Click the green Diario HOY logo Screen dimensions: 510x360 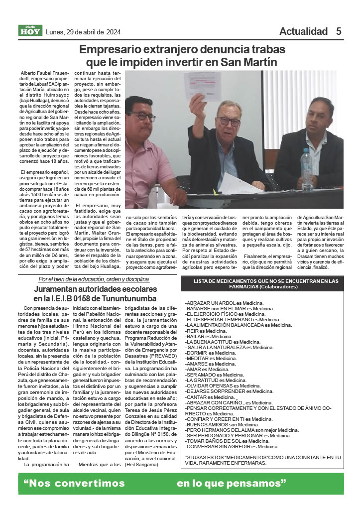click(x=31, y=30)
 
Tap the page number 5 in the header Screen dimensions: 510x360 click(x=339, y=31)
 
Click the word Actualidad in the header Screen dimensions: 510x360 click(x=303, y=31)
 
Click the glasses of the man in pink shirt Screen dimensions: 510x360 click(x=142, y=117)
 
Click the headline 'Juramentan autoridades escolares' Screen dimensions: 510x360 click(x=96, y=289)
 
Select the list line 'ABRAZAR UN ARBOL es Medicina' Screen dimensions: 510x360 click(x=224, y=303)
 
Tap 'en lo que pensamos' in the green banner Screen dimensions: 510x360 click(x=232, y=483)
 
